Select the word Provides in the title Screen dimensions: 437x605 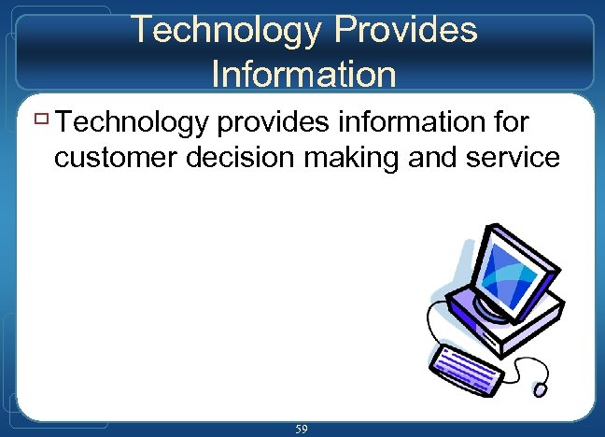point(407,30)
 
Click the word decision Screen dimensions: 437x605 point(252,157)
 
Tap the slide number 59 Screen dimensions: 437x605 point(302,429)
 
